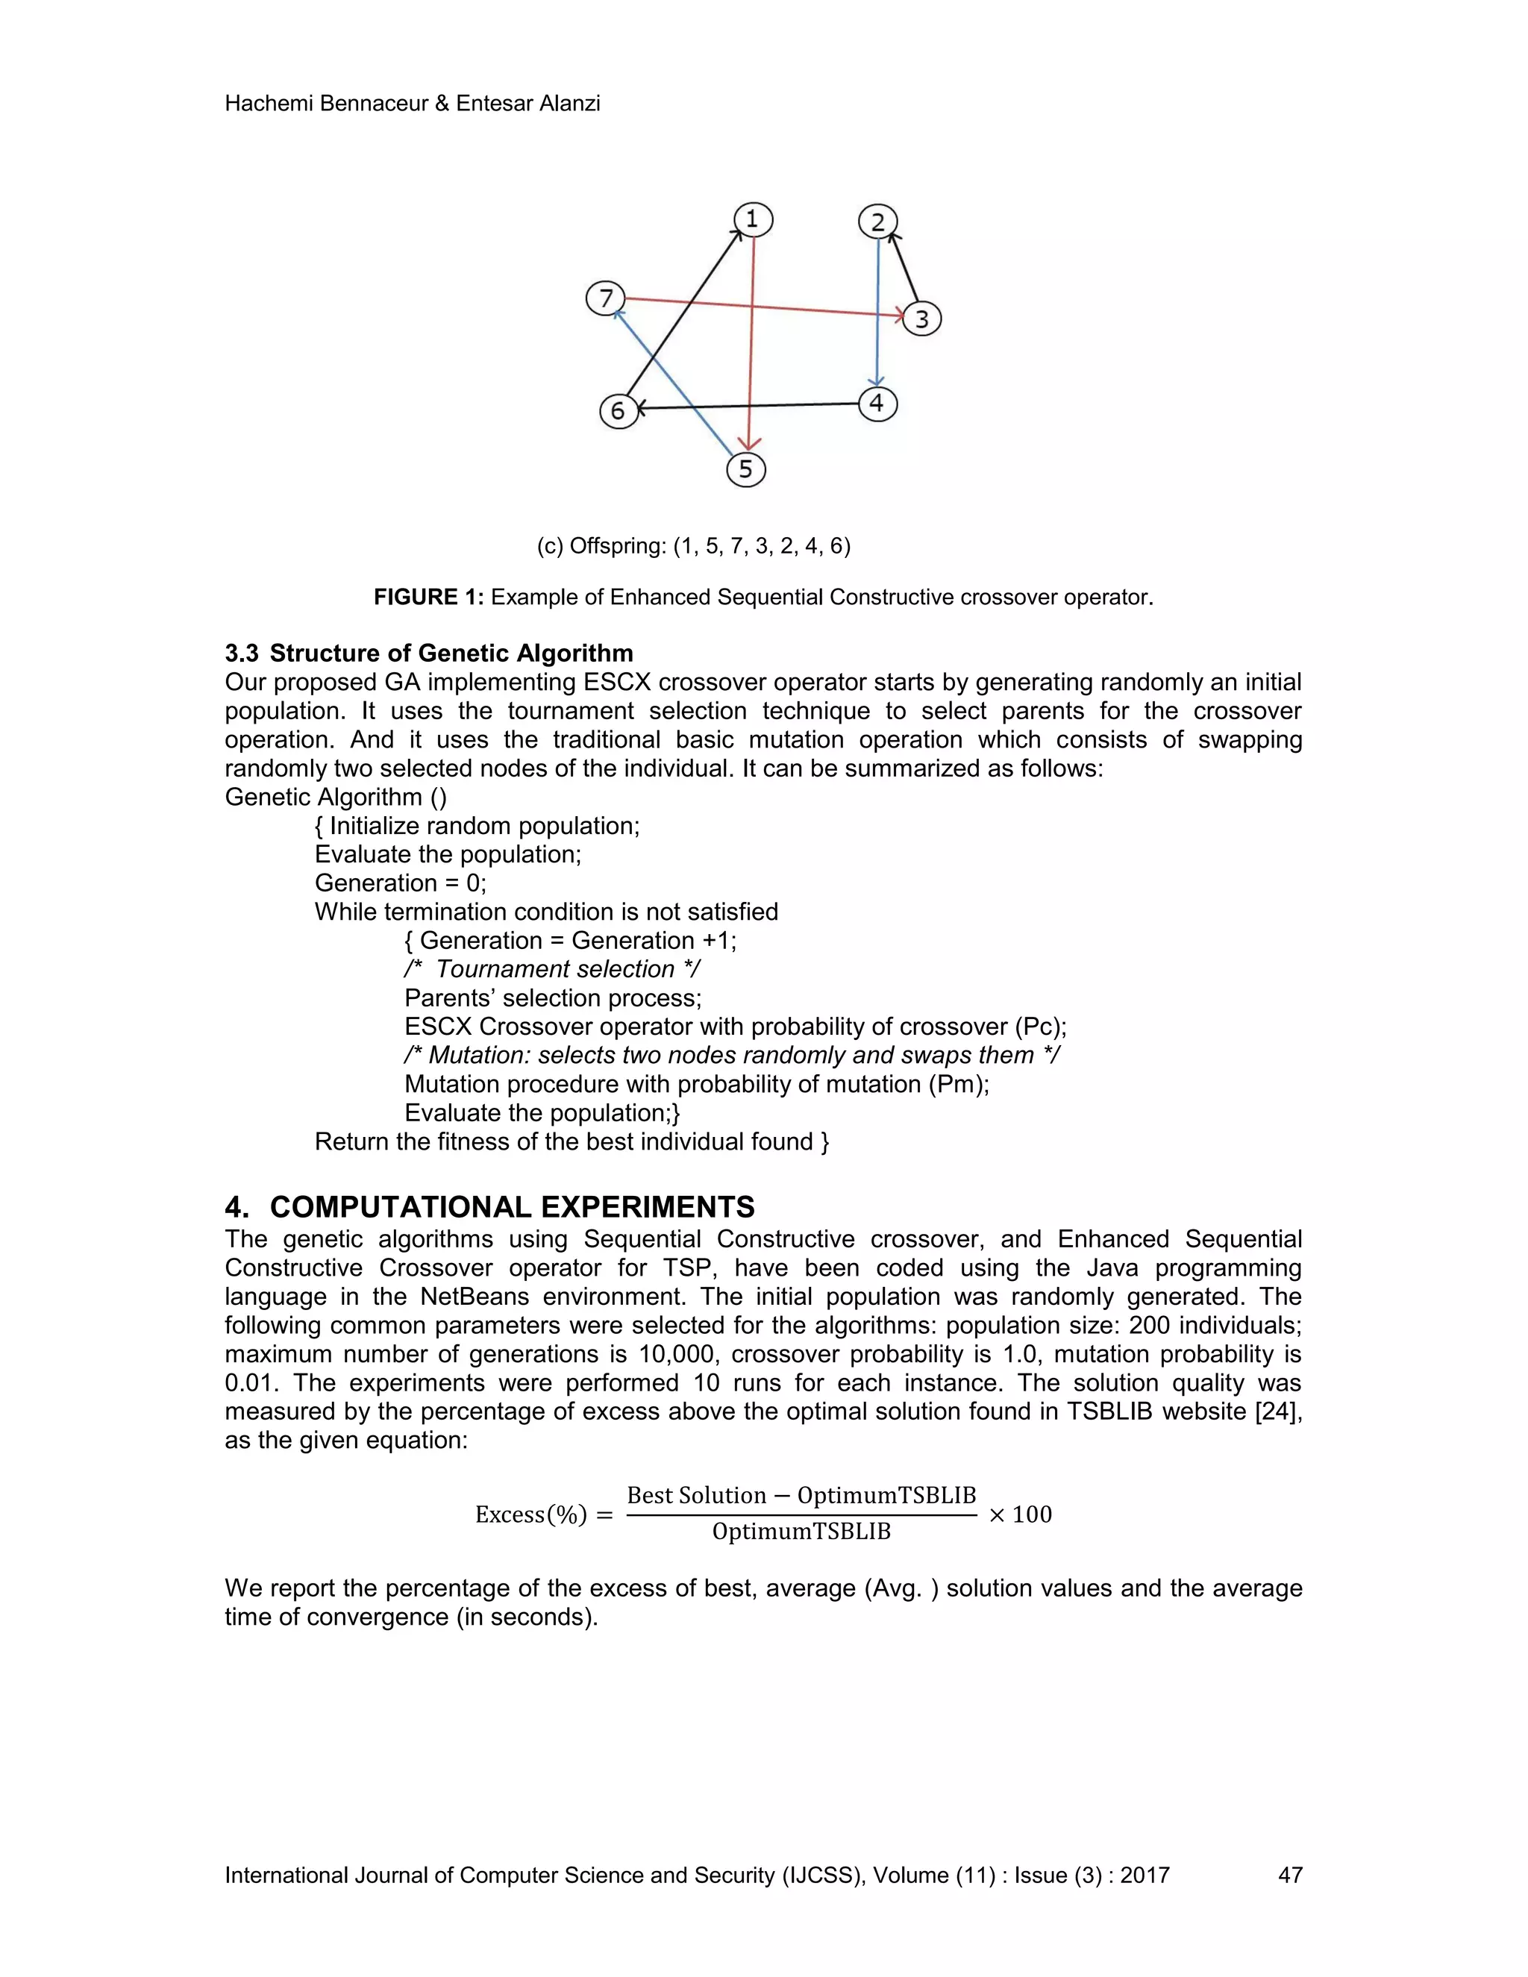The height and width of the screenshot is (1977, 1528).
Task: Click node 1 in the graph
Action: [752, 219]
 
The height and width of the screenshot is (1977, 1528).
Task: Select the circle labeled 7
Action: [606, 298]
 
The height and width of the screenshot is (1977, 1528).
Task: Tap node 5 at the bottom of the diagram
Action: [746, 469]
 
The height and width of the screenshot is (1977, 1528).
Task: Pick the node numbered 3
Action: [921, 319]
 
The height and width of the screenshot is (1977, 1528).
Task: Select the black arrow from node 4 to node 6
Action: [751, 407]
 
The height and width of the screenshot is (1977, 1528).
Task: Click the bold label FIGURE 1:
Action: [429, 598]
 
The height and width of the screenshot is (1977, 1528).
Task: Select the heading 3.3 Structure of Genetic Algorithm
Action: [429, 653]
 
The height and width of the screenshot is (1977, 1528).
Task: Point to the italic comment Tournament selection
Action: [554, 970]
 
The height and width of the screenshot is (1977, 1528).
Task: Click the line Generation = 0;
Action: [400, 883]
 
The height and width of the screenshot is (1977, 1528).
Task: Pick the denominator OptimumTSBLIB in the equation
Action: [801, 1532]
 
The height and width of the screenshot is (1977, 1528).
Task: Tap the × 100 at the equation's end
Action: [1020, 1514]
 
